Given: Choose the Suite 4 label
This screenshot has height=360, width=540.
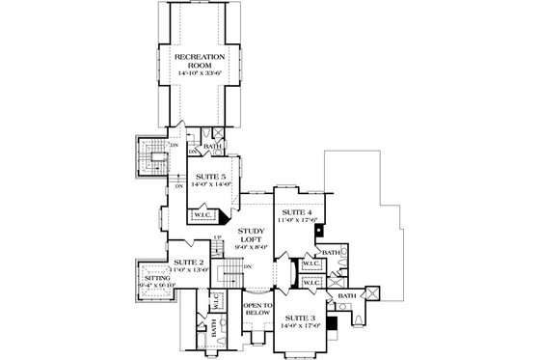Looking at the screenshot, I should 295,211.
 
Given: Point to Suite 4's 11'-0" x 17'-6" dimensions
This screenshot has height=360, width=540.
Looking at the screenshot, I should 295,220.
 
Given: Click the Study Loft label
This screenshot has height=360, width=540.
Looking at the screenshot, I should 254,235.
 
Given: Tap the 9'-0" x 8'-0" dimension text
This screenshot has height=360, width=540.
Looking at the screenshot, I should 254,250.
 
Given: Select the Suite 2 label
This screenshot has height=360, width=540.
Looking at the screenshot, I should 189,262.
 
